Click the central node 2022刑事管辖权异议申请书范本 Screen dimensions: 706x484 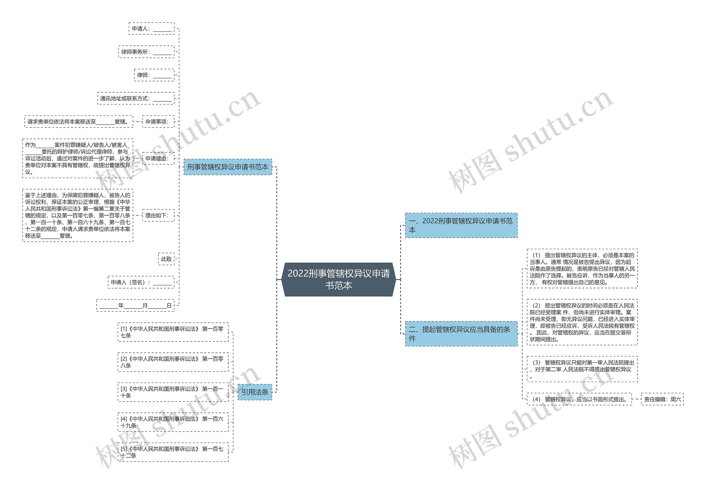338,279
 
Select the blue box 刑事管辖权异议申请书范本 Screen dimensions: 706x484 228,167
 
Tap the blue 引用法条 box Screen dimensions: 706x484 255,392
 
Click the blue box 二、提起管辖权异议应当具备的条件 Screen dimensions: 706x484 461,334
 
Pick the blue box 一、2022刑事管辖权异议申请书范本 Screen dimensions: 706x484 461,225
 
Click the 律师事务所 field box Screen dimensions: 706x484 146,52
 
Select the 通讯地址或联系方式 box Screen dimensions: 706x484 136,98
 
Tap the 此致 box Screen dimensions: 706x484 166,259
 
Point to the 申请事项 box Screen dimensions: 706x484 158,122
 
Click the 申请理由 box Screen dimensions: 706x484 158,158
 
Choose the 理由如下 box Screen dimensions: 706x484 158,216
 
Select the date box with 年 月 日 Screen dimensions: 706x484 135,305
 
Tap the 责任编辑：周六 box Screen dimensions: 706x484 662,399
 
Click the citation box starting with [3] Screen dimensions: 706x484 173,392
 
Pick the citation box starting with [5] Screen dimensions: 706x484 173,452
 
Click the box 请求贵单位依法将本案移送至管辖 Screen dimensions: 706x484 79,122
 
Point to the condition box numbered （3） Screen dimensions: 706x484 582,369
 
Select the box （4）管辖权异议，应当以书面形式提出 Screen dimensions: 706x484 579,399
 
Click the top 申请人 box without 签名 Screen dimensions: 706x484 152,29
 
